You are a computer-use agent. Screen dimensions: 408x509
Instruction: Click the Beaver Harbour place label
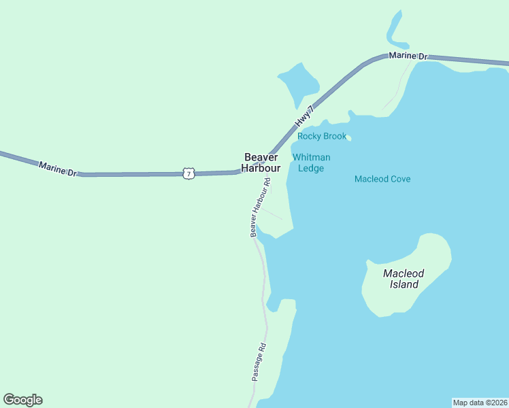[262, 163]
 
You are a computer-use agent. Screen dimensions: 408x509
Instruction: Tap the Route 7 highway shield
[188, 173]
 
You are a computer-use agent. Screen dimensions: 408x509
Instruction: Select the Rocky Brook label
[322, 136]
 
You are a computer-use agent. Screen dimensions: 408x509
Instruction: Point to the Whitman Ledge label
[312, 163]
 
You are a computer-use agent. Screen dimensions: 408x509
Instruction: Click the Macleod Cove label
[382, 179]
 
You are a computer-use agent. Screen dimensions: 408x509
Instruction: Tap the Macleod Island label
[404, 279]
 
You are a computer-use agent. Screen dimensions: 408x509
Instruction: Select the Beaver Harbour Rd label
[260, 207]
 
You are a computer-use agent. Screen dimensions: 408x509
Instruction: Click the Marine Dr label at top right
[408, 56]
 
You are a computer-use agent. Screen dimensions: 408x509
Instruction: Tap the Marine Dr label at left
[58, 168]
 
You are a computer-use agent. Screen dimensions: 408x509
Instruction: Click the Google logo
[22, 400]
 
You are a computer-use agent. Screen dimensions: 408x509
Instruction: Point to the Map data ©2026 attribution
[480, 403]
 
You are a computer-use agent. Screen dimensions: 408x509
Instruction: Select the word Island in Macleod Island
[404, 285]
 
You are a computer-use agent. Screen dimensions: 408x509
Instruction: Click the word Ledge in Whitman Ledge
[312, 169]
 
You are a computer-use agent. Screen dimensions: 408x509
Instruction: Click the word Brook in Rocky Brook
[334, 136]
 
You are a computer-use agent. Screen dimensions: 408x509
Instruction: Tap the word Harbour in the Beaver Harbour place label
[262, 168]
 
